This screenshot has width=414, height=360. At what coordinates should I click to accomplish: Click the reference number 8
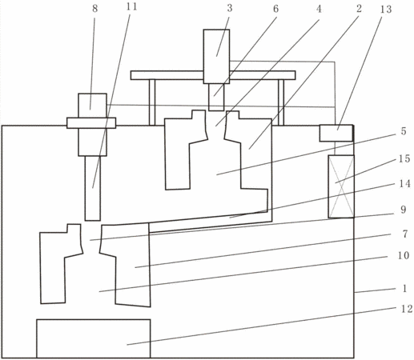pos(95,9)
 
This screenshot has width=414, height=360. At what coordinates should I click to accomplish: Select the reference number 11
pos(131,7)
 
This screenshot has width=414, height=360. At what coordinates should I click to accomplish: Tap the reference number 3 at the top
pos(230,8)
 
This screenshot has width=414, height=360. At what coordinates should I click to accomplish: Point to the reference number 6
pos(275,9)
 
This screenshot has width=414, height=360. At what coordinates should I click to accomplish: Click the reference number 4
pos(319,9)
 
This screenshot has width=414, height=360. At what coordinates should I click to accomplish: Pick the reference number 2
pos(360,9)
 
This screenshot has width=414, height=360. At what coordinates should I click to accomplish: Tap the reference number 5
pos(404,131)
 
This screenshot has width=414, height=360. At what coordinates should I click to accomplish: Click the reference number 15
pos(404,158)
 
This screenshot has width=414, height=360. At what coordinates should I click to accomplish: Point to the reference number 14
pos(404,183)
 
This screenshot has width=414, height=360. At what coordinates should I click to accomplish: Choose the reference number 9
pos(404,210)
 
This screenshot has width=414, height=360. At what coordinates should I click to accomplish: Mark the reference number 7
pos(405,234)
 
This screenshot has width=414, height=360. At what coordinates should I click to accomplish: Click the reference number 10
pos(404,255)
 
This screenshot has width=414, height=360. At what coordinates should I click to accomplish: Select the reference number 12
pos(407,309)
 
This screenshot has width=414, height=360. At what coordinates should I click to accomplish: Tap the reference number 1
pos(404,288)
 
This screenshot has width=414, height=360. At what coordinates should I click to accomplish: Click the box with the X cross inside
pos(341,186)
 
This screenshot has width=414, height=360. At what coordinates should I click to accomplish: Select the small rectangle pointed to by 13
pos(336,133)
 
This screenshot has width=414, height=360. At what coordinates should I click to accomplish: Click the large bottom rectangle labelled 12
pos(94,338)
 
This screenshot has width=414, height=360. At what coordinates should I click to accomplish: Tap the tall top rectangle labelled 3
pos(216,57)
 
